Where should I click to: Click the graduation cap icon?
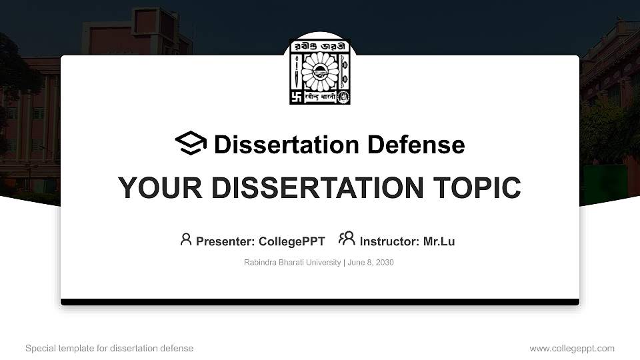pyautogui.click(x=191, y=143)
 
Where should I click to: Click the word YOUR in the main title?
pyautogui.click(x=151, y=188)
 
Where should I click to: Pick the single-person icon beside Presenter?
pyautogui.click(x=186, y=239)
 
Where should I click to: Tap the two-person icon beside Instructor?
pyautogui.click(x=347, y=238)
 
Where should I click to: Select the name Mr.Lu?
pyautogui.click(x=439, y=241)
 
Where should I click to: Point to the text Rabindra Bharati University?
pyautogui.click(x=293, y=263)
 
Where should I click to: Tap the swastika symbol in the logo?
pyautogui.click(x=297, y=97)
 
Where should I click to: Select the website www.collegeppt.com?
pyautogui.click(x=572, y=348)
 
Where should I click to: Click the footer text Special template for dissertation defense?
pyautogui.click(x=109, y=348)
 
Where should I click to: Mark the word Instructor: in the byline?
pyautogui.click(x=389, y=241)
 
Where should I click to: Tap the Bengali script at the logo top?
pyautogui.click(x=320, y=47)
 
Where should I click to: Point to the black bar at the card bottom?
pyautogui.click(x=320, y=302)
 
